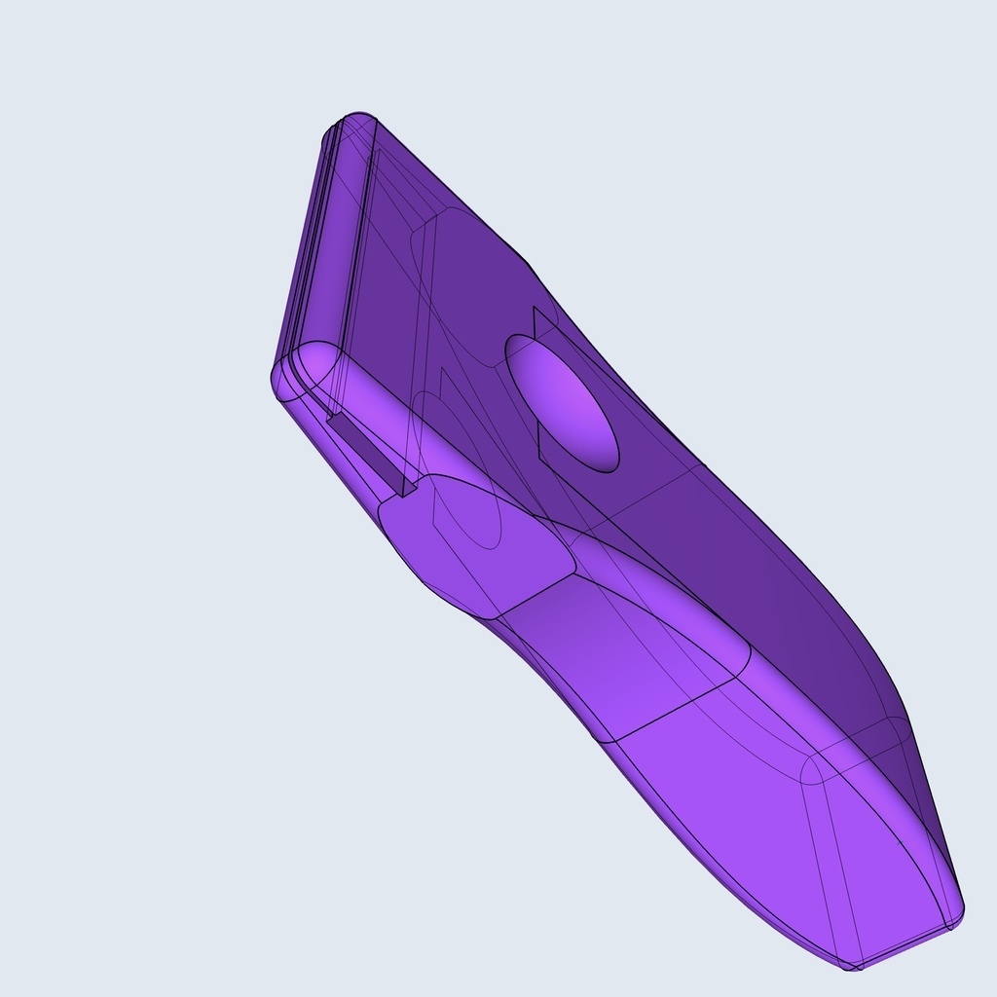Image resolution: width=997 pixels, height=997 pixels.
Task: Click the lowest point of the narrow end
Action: [x=853, y=967]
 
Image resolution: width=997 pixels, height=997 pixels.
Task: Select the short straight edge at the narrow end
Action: [x=905, y=946]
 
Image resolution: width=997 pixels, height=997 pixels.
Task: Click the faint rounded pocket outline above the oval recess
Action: [x=458, y=282]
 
